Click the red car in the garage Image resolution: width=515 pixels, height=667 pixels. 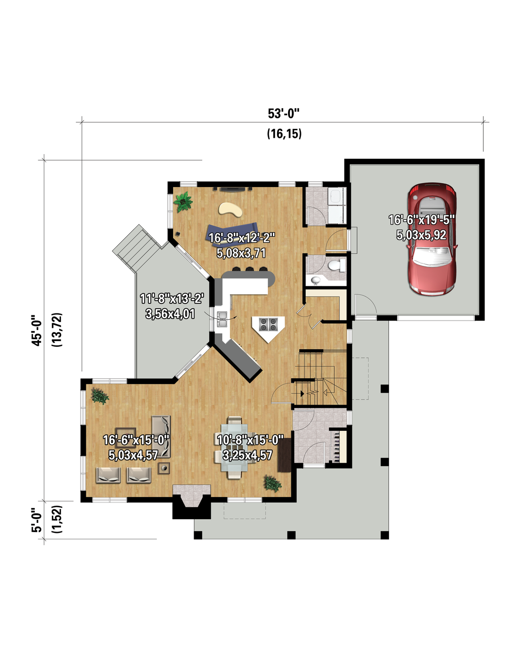(432, 239)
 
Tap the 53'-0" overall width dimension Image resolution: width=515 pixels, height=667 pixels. (283, 114)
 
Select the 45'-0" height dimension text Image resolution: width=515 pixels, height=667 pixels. (37, 330)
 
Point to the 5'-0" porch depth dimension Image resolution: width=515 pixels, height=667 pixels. (37, 520)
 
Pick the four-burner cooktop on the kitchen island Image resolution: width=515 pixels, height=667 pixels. (268, 324)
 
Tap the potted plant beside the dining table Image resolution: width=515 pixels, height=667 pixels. (272, 484)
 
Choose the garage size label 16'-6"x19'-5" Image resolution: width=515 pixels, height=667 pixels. (421, 220)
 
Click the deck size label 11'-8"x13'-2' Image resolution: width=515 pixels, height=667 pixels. (172, 298)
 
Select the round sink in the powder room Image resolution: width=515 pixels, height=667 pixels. (315, 280)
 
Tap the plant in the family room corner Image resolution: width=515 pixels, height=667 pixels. (183, 202)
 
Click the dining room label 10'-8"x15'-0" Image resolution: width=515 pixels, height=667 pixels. (250, 440)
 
